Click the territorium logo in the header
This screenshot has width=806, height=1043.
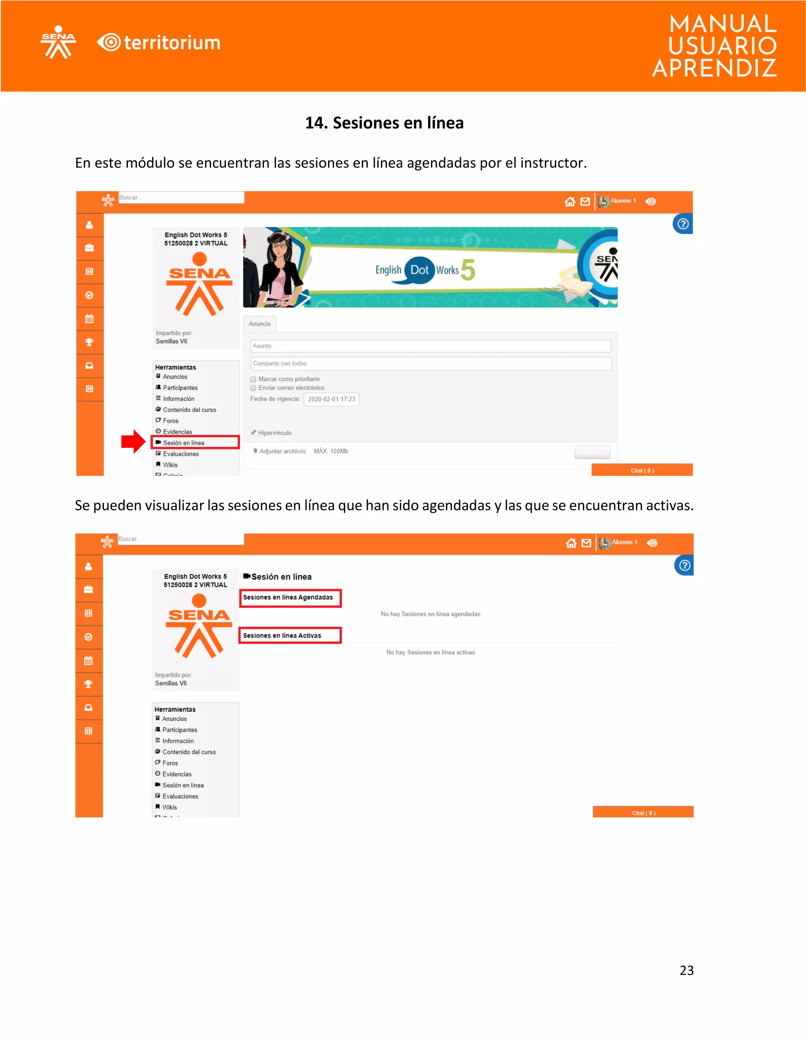click(x=159, y=43)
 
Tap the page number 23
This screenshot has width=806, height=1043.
click(x=686, y=970)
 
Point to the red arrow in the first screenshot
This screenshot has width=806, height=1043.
click(x=133, y=441)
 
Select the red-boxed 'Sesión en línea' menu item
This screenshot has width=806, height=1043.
click(x=195, y=442)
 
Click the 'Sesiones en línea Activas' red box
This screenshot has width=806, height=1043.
click(x=290, y=636)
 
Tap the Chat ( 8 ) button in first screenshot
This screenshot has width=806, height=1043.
click(x=642, y=470)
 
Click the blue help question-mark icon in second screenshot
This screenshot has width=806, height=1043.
click(x=684, y=566)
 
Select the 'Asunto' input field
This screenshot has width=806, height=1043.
click(x=430, y=346)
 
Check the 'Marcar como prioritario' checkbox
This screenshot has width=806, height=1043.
click(x=253, y=379)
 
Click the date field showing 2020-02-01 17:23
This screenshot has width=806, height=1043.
click(x=331, y=399)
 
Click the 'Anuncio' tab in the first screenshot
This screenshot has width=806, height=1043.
click(x=259, y=324)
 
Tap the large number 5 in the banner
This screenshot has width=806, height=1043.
click(x=468, y=270)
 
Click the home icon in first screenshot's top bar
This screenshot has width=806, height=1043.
click(x=569, y=202)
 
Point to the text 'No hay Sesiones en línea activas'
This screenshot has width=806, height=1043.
click(x=430, y=652)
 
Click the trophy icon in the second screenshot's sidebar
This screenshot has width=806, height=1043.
click(x=88, y=684)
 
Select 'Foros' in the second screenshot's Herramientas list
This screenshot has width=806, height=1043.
click(x=170, y=763)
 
